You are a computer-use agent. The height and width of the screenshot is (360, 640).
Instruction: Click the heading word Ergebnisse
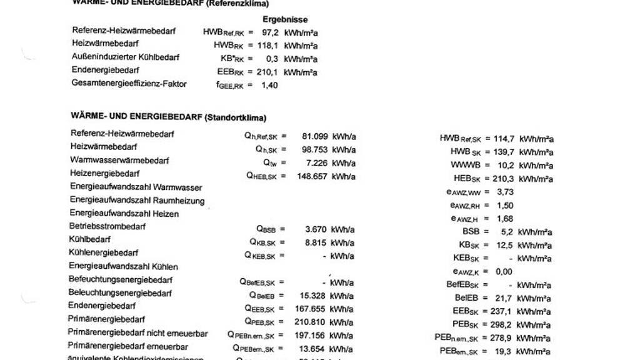point(285,19)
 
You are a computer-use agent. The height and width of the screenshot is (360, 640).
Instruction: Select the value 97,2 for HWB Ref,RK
point(269,32)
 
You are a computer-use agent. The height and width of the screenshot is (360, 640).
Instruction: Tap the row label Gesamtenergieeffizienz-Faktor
point(129,83)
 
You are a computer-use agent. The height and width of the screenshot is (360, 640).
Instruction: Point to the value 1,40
point(269,85)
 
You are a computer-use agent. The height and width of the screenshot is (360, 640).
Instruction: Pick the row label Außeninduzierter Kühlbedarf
point(126,57)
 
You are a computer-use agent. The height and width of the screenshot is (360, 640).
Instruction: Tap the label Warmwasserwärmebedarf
point(119,161)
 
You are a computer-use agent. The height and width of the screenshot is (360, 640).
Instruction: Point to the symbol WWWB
point(465,166)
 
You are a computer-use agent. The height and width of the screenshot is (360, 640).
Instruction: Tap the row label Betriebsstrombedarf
point(107,226)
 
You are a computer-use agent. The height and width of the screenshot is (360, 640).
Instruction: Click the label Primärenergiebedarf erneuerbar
point(119,346)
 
